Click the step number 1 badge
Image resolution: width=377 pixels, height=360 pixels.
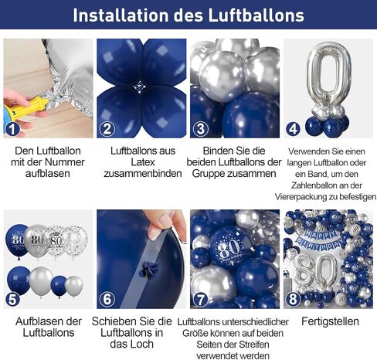pyautogui.click(x=12, y=129)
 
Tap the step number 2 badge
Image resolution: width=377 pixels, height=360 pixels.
pyautogui.click(x=107, y=129)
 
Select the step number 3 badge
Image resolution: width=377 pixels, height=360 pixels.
pyautogui.click(x=200, y=129)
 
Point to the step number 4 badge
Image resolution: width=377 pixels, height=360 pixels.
pyautogui.click(x=294, y=129)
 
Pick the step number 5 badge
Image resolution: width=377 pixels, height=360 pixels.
pyautogui.click(x=12, y=300)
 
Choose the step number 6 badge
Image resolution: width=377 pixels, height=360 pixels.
pyautogui.click(x=107, y=300)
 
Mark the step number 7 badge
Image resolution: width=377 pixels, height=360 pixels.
pyautogui.click(x=200, y=300)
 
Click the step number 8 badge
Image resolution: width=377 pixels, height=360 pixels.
pyautogui.click(x=294, y=300)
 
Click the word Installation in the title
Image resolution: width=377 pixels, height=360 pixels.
pyautogui.click(x=121, y=15)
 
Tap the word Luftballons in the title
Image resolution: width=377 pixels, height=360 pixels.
pyautogui.click(x=256, y=15)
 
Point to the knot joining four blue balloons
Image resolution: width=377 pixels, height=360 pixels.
pyautogui.click(x=139, y=87)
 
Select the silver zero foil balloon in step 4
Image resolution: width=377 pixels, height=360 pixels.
pyautogui.click(x=329, y=73)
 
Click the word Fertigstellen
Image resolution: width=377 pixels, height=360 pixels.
pyautogui.click(x=330, y=321)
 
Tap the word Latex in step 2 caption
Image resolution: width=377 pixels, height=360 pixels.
pyautogui.click(x=143, y=162)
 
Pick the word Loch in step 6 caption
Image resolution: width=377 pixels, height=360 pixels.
pyautogui.click(x=143, y=344)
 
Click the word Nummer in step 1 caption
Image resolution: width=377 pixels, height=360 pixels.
pyautogui.click(x=65, y=162)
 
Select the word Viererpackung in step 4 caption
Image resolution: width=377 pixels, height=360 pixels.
pyautogui.click(x=305, y=197)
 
